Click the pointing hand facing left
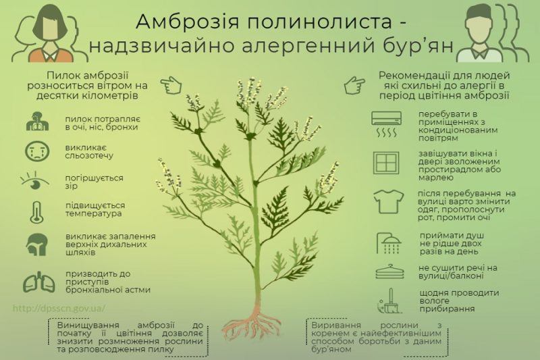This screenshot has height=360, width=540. [x=354, y=86]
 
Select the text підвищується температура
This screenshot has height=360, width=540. [x=94, y=208]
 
